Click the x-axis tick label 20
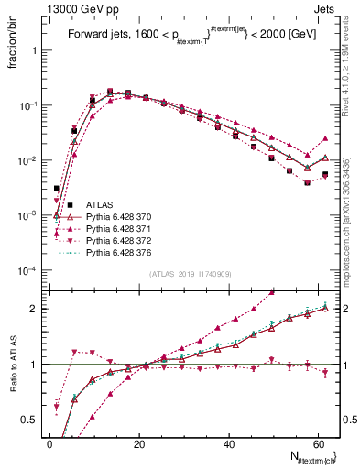point(139,443)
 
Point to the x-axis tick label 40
point(229,443)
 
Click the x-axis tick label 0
point(49,443)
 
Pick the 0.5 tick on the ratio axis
point(30,420)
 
